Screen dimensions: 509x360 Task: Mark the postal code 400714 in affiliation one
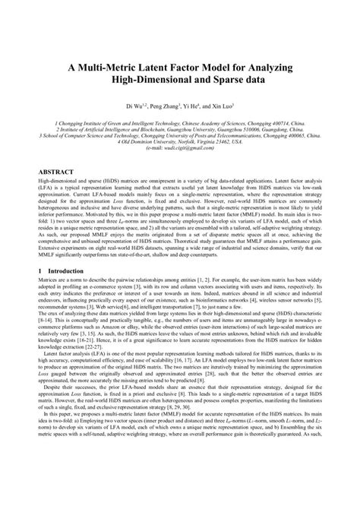click(279, 119)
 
